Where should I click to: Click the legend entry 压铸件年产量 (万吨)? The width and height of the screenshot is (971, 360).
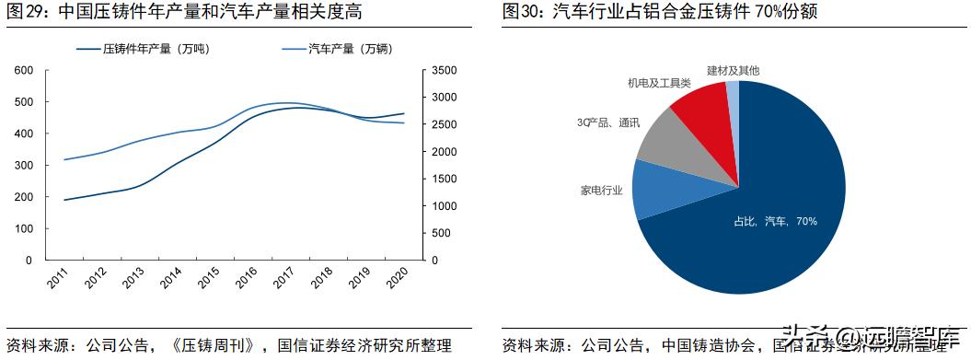(156, 49)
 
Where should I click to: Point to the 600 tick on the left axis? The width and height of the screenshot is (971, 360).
(24, 70)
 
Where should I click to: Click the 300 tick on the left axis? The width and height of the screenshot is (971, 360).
(24, 165)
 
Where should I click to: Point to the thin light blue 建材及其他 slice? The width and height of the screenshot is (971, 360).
(733, 101)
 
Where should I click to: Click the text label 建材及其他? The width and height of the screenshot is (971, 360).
(734, 70)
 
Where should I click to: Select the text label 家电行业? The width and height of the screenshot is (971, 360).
(601, 192)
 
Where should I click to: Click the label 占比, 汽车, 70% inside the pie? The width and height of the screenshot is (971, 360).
(775, 221)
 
